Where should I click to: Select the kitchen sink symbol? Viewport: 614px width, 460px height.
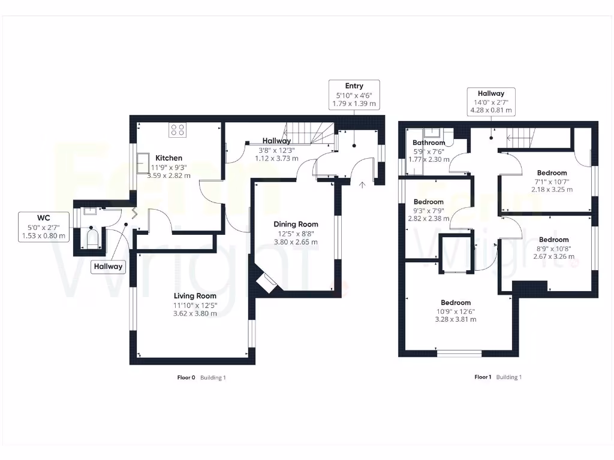click(144, 162)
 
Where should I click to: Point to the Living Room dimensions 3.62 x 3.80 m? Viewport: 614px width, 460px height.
click(194, 313)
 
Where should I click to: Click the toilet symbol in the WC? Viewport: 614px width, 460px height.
click(91, 238)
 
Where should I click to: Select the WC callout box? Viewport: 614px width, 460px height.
click(44, 226)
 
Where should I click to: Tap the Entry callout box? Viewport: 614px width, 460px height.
click(354, 95)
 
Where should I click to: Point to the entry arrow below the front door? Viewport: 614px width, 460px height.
click(362, 184)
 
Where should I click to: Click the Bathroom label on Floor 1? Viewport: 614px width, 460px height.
click(429, 143)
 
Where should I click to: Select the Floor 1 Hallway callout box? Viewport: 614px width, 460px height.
click(490, 102)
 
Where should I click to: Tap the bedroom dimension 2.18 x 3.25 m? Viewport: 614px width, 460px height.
click(552, 189)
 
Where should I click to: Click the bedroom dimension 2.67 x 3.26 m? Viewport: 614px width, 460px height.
click(553, 256)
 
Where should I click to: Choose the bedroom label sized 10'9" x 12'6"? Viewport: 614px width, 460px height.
click(455, 302)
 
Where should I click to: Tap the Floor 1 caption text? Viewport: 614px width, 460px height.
click(483, 377)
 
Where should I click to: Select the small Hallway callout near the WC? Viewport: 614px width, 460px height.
click(108, 267)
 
